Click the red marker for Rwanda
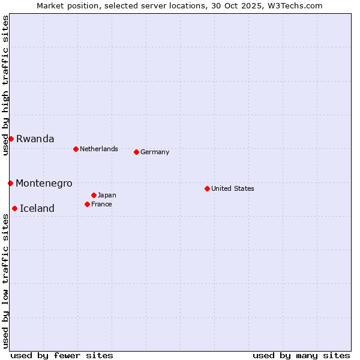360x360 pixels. click(x=11, y=139)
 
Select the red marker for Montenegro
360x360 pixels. click(x=10, y=183)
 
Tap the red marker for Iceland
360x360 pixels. click(x=14, y=208)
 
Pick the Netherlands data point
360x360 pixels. click(x=76, y=149)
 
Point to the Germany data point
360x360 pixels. click(x=136, y=152)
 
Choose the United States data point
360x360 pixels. click(x=207, y=188)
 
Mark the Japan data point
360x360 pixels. click(x=94, y=195)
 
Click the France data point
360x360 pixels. click(x=87, y=204)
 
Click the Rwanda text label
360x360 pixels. click(x=35, y=139)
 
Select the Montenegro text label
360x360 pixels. click(x=44, y=183)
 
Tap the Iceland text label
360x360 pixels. click(x=37, y=208)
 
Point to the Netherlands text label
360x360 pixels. click(x=99, y=149)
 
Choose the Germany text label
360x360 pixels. click(x=155, y=152)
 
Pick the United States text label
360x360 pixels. click(x=233, y=188)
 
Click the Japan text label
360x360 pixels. click(x=107, y=195)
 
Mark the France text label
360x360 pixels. click(x=101, y=204)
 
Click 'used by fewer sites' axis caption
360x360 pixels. click(x=62, y=355)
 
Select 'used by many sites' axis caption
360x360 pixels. click(x=301, y=355)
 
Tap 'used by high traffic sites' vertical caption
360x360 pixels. click(x=5, y=85)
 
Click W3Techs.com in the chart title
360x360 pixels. click(x=295, y=5)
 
